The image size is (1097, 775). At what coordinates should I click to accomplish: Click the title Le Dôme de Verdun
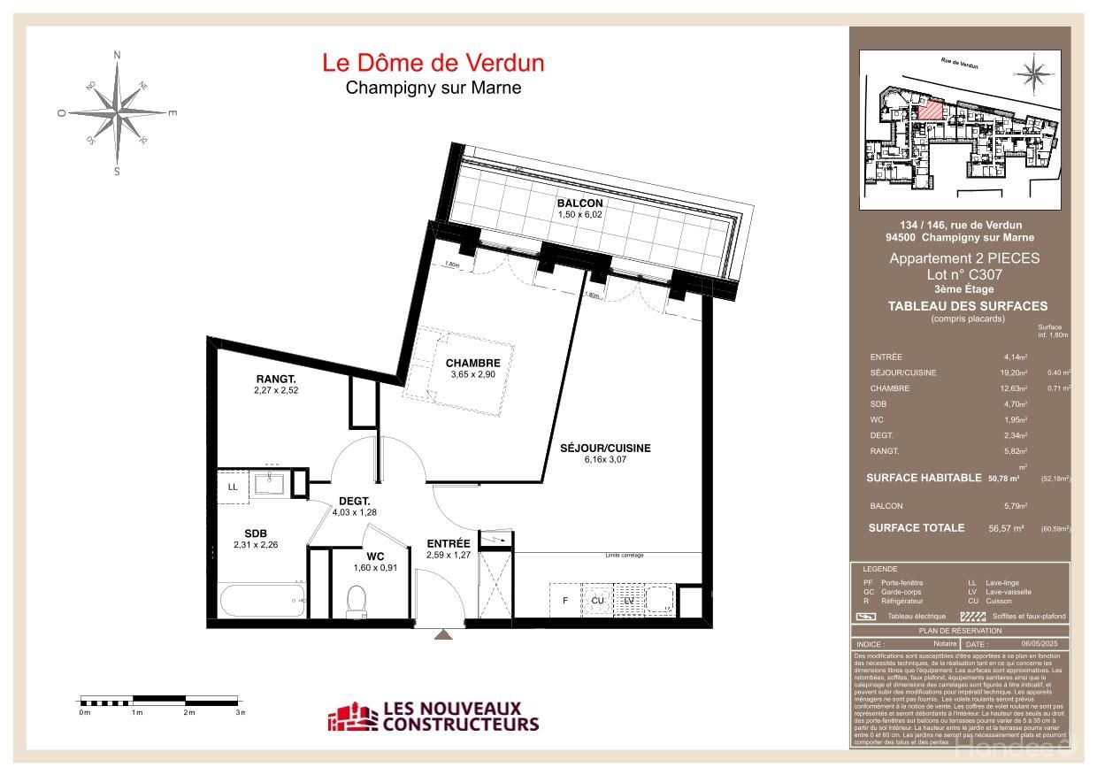[433, 63]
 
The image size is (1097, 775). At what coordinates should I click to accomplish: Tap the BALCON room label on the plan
[579, 203]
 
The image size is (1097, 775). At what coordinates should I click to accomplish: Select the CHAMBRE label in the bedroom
[472, 363]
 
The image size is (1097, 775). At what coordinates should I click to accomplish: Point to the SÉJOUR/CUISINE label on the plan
[605, 448]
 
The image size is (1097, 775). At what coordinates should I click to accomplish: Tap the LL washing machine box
[233, 487]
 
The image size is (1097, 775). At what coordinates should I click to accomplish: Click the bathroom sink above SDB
[268, 483]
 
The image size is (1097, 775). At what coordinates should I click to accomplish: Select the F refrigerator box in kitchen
[564, 601]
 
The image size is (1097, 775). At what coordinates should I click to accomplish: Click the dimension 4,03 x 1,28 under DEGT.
[354, 511]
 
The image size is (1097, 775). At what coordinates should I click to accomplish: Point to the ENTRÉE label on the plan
[449, 544]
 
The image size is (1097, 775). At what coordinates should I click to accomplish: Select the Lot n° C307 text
[963, 275]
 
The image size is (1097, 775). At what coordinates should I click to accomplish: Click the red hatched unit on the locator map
[930, 109]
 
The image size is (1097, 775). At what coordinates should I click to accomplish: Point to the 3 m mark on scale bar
[239, 712]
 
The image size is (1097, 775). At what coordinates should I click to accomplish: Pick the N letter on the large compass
[117, 55]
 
